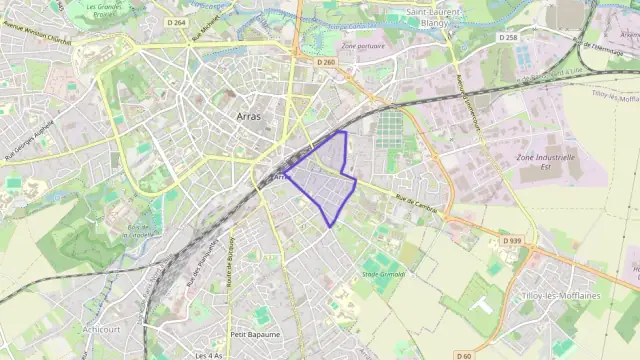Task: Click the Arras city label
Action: click(250, 117)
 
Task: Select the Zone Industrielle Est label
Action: click(545, 162)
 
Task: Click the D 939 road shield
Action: click(510, 241)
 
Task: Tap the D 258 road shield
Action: click(508, 37)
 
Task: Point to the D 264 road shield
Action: click(176, 22)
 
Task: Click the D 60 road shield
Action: click(463, 355)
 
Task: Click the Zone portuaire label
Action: click(362, 46)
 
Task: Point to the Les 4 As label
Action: click(208, 355)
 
